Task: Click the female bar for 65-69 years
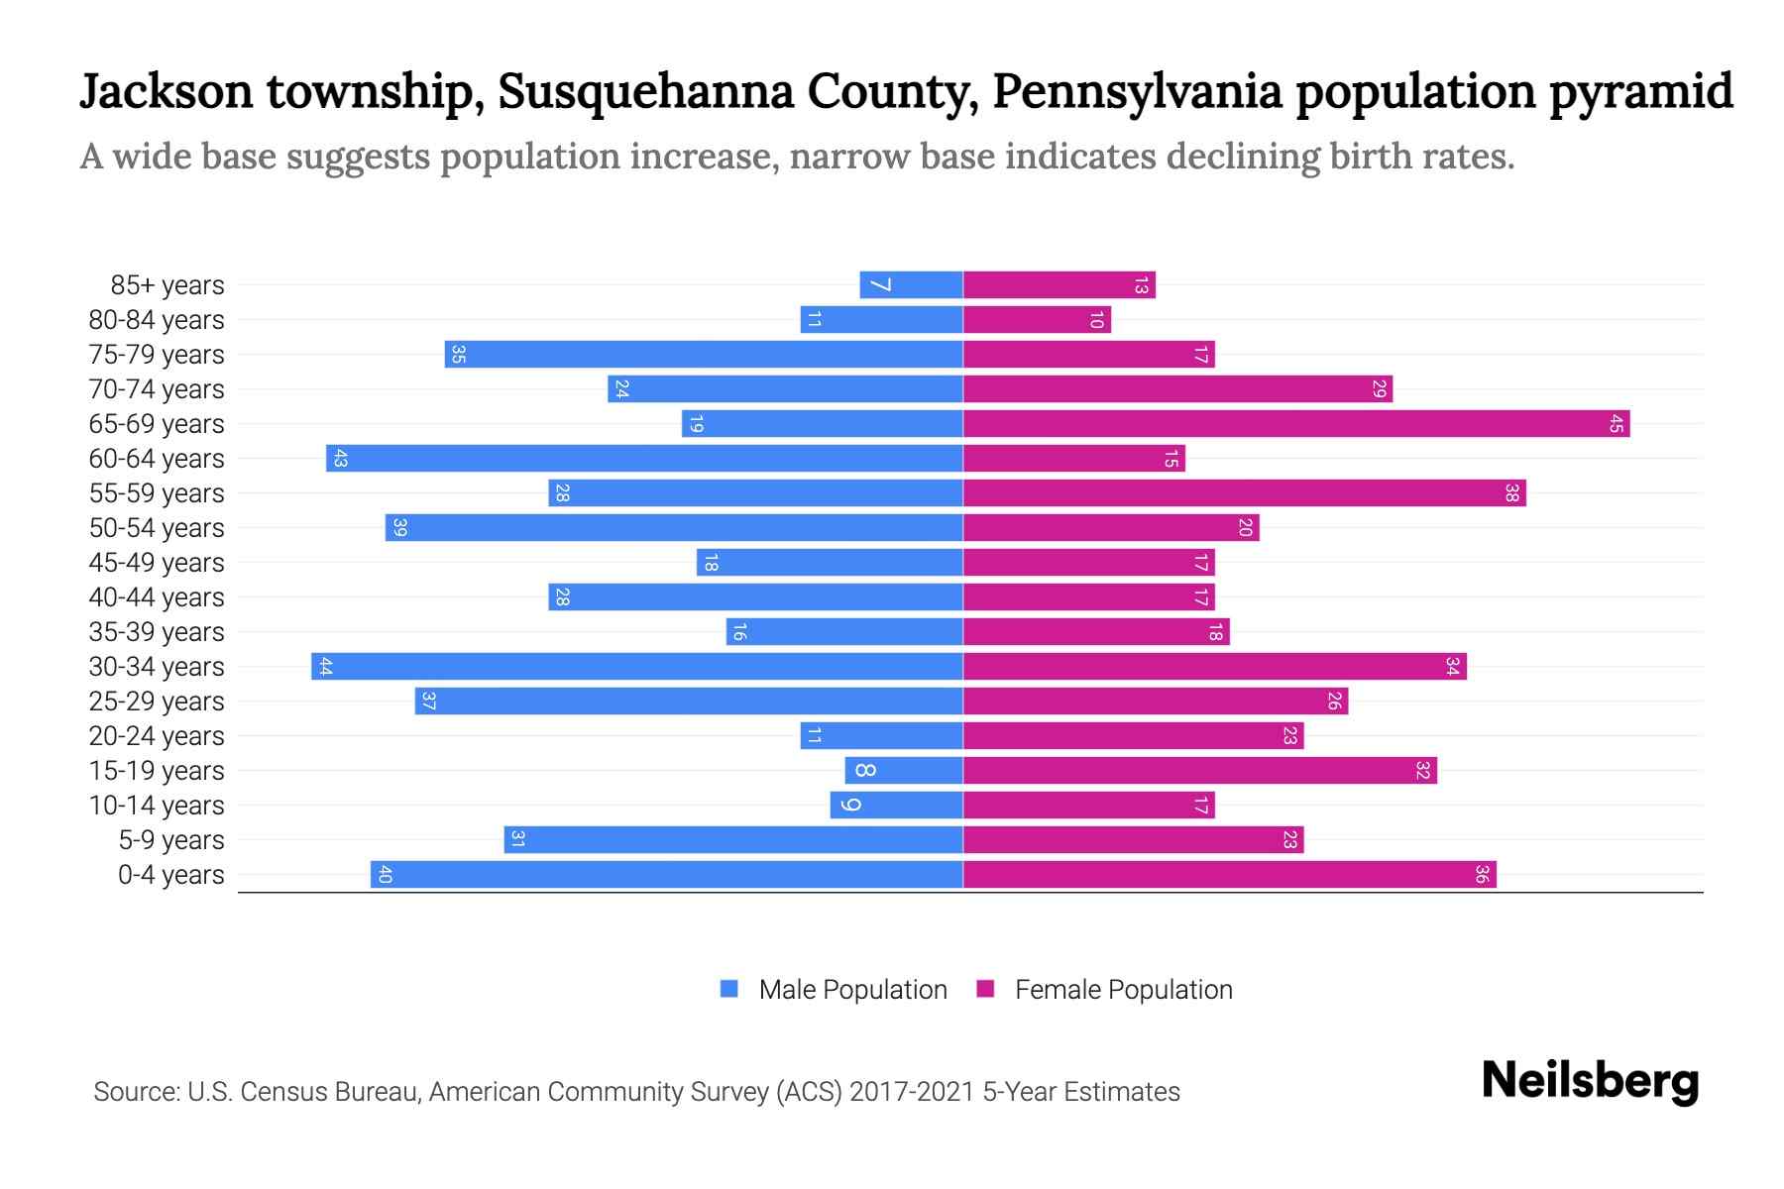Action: point(1296,424)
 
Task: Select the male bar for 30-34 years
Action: point(637,667)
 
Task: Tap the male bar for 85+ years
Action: point(912,285)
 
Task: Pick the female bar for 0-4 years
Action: point(1229,875)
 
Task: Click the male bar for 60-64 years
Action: point(644,459)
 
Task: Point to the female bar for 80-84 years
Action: point(1037,320)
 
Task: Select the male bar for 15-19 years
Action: point(904,771)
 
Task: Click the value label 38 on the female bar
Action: point(1511,493)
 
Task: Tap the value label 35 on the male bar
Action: point(458,355)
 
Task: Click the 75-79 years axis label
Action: point(157,355)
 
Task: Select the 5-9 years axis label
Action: point(171,840)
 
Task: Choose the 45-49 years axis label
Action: point(157,563)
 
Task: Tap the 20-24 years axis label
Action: point(157,736)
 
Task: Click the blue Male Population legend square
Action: point(729,989)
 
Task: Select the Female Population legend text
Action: point(1123,990)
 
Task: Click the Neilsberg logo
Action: point(1590,1081)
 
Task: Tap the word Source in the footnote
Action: point(135,1092)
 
